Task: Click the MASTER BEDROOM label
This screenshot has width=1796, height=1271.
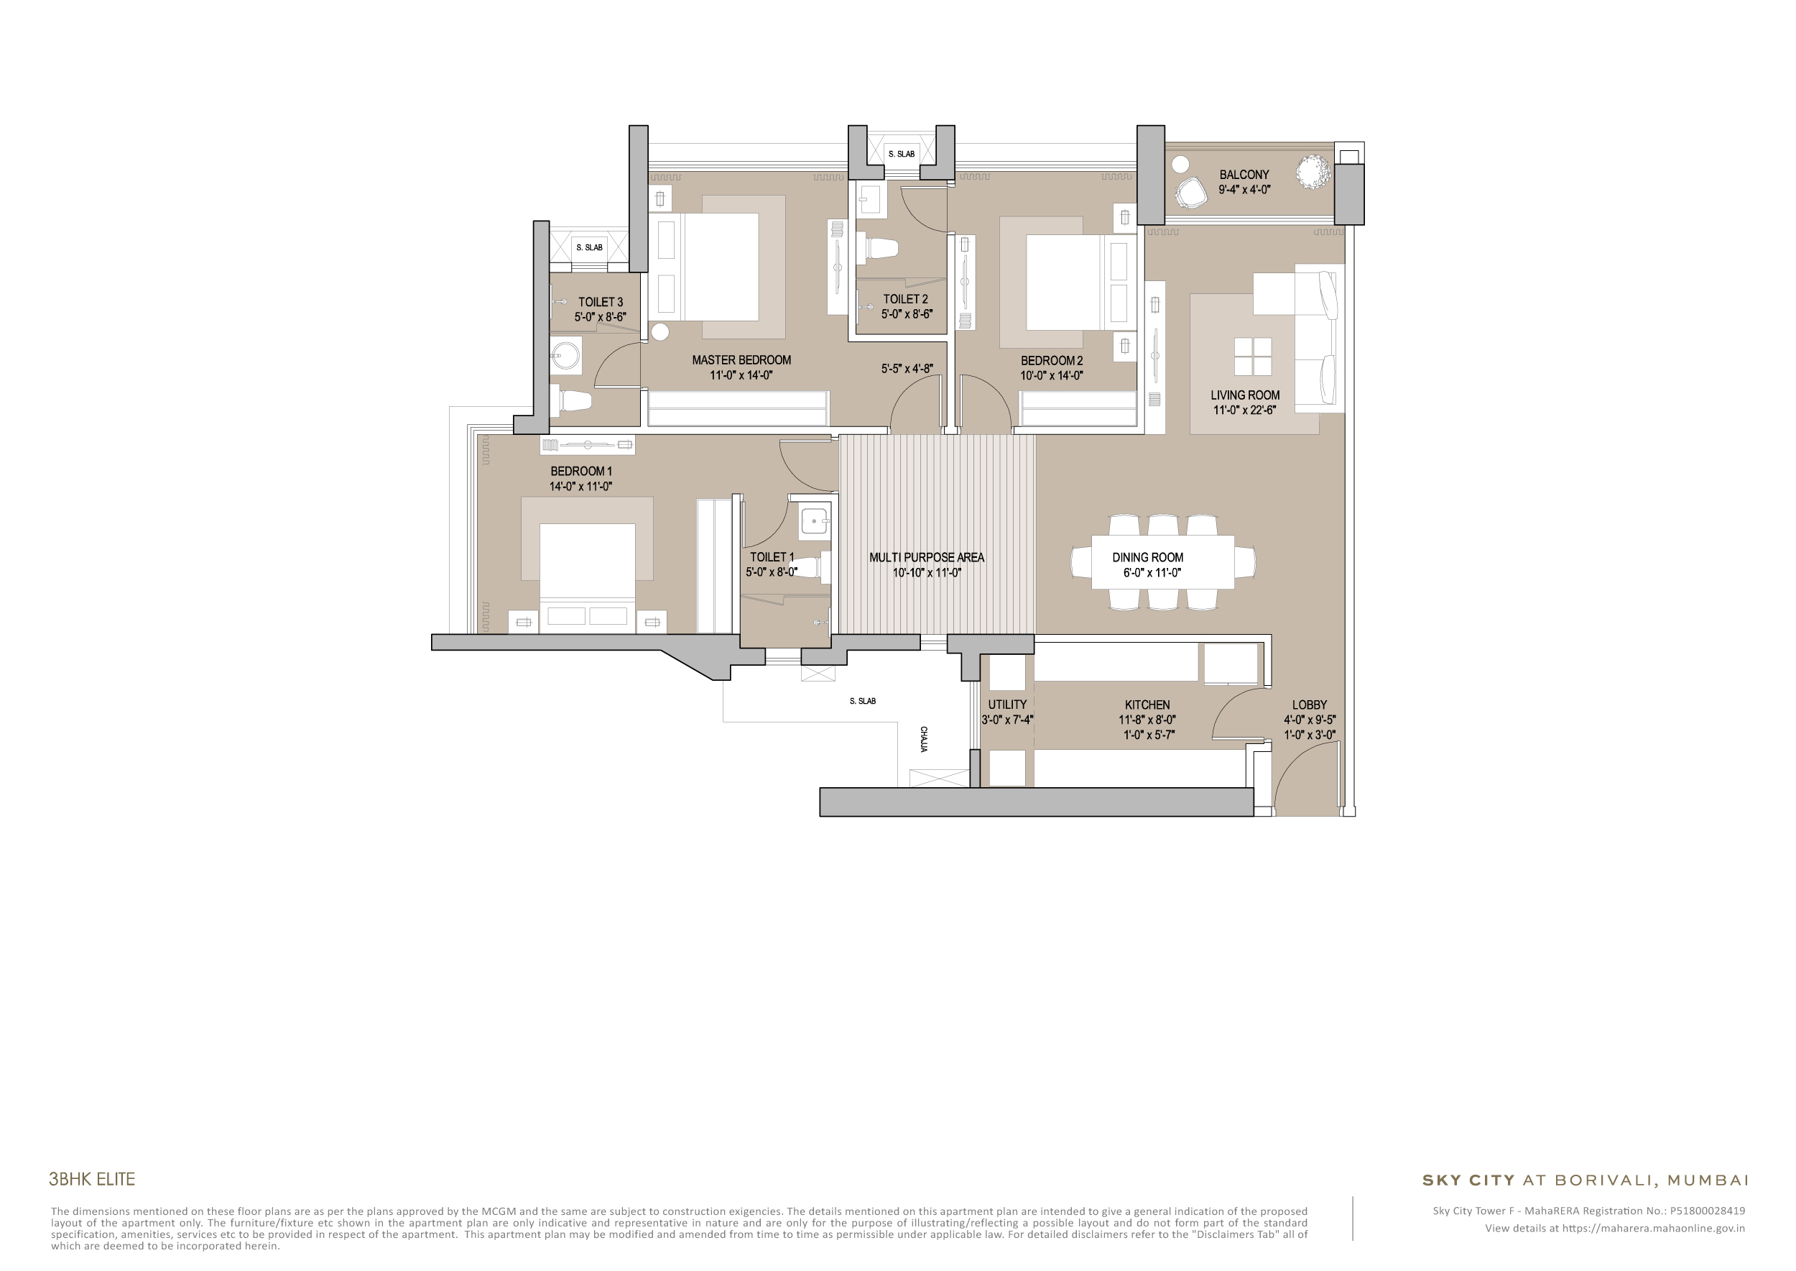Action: pyautogui.click(x=741, y=360)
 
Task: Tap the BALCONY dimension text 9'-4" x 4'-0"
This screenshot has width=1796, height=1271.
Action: pyautogui.click(x=1244, y=189)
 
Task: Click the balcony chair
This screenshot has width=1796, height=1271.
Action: pyautogui.click(x=1190, y=193)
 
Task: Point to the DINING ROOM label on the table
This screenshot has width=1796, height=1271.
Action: pyautogui.click(x=1147, y=557)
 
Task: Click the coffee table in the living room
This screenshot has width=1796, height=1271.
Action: pyautogui.click(x=1252, y=357)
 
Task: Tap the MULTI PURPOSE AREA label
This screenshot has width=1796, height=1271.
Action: pyautogui.click(x=926, y=557)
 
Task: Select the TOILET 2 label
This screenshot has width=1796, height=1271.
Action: pyautogui.click(x=905, y=299)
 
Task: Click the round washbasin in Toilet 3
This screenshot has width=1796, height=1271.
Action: pyautogui.click(x=565, y=356)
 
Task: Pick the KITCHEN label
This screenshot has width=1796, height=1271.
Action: pyautogui.click(x=1147, y=705)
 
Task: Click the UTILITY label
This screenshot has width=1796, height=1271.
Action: pyautogui.click(x=1006, y=705)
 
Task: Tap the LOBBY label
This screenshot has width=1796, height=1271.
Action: pyautogui.click(x=1309, y=705)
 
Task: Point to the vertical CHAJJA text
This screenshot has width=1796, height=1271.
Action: pyautogui.click(x=924, y=739)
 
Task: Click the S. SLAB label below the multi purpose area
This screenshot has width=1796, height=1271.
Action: pyautogui.click(x=862, y=701)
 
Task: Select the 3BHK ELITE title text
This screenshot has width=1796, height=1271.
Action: pyautogui.click(x=91, y=1179)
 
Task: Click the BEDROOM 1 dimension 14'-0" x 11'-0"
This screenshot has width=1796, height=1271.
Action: pyautogui.click(x=580, y=487)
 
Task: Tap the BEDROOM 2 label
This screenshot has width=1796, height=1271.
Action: pyautogui.click(x=1051, y=361)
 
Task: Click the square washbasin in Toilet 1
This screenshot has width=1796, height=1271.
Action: pyautogui.click(x=814, y=521)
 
